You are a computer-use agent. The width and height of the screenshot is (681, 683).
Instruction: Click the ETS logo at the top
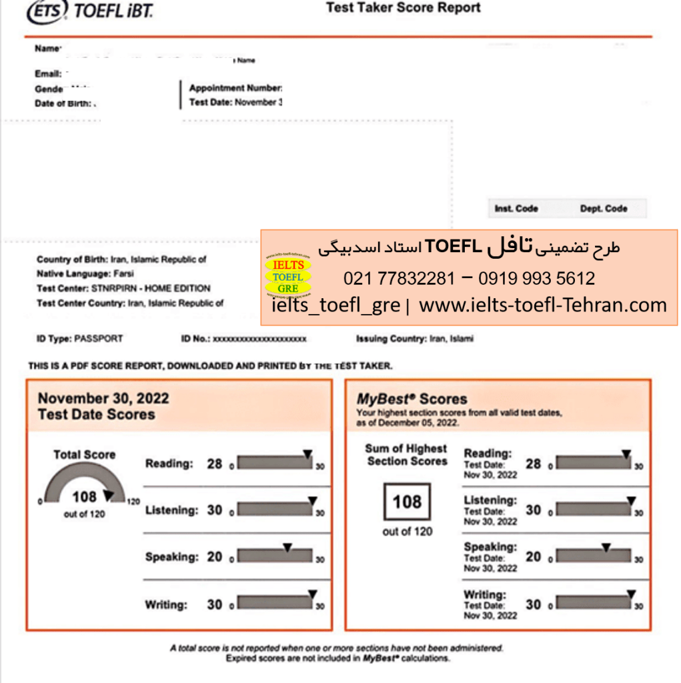[x=47, y=11]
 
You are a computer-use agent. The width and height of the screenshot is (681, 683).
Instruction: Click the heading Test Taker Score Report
[x=403, y=9]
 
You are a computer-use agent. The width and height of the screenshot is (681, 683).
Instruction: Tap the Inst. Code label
[x=516, y=209]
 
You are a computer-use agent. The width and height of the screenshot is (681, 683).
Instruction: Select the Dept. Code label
[x=603, y=209]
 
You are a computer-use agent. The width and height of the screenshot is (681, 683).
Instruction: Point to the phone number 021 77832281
[x=399, y=278]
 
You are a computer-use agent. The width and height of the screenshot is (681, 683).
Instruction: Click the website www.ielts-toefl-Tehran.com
[x=542, y=305]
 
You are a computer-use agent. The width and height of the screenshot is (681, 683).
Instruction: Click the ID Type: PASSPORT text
[x=80, y=339]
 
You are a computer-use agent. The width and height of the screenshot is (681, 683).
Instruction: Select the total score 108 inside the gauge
[x=84, y=497]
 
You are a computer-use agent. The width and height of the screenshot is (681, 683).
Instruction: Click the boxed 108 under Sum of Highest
[x=407, y=502]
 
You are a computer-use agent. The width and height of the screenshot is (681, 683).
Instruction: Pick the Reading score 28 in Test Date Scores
[x=214, y=464]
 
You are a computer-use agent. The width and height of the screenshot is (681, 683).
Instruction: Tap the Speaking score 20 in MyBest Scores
[x=533, y=557]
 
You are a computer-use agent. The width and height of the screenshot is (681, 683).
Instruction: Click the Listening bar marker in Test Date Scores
[x=312, y=500]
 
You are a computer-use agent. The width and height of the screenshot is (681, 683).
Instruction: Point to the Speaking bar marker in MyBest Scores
[x=606, y=548]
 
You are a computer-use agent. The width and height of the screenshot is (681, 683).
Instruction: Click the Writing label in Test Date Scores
[x=166, y=606]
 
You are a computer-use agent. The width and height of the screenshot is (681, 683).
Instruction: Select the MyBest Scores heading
[x=412, y=400]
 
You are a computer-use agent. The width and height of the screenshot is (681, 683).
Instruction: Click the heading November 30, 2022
[x=103, y=399]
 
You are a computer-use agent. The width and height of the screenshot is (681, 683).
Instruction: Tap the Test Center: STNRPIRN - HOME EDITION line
[x=123, y=288]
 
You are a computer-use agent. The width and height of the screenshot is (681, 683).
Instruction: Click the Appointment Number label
[x=235, y=88]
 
